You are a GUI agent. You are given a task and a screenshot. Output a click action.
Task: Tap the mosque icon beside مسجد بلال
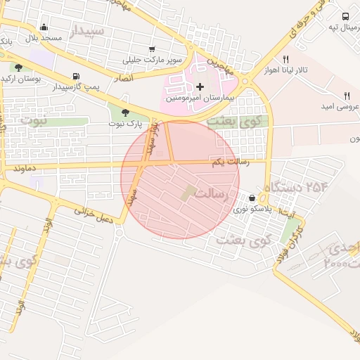[x=44, y=27]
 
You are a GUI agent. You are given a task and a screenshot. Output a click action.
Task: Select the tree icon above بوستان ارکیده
[x=18, y=67]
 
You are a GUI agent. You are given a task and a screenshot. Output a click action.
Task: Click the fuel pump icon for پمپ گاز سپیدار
[x=75, y=77]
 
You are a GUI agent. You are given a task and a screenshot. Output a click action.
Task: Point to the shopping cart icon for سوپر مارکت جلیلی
[x=152, y=49]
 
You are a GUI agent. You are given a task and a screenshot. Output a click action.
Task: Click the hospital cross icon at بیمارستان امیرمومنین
[x=200, y=87]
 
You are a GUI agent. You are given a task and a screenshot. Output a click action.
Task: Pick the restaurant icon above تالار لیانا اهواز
[x=285, y=60]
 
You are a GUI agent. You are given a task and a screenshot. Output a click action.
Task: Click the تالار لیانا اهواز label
[x=291, y=70]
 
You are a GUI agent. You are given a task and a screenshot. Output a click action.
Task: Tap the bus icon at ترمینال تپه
[x=345, y=16]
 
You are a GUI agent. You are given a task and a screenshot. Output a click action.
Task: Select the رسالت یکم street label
[x=227, y=162]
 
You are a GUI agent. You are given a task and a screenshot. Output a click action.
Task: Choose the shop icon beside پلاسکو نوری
[x=252, y=198]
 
